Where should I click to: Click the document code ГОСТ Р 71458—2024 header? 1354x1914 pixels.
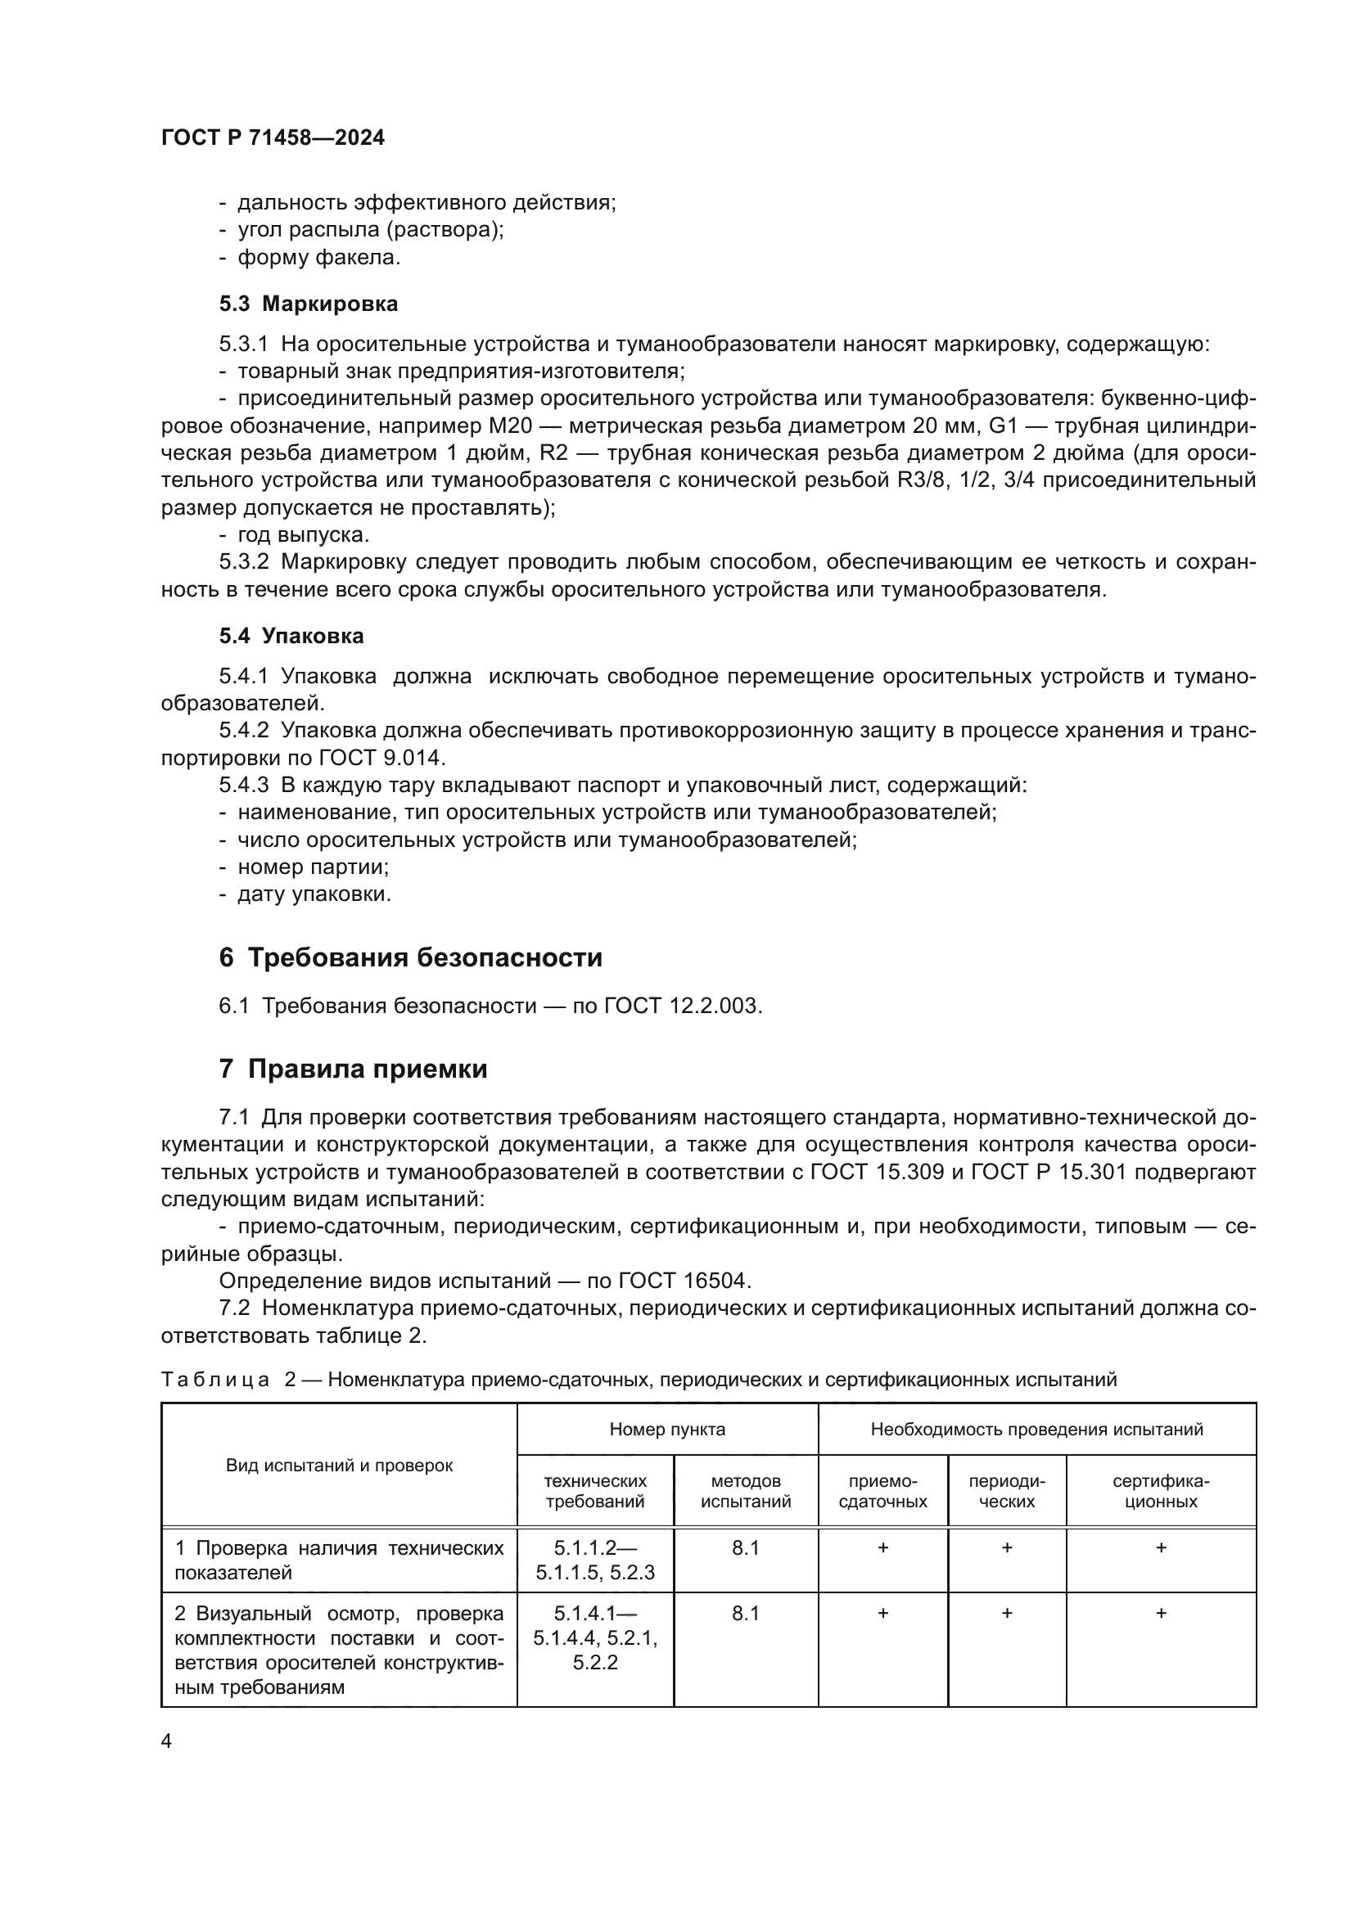pyautogui.click(x=273, y=138)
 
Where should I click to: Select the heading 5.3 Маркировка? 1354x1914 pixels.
pyautogui.click(x=309, y=304)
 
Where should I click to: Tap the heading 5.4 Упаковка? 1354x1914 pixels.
pyautogui.click(x=291, y=636)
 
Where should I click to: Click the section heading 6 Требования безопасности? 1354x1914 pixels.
pyautogui.click(x=410, y=957)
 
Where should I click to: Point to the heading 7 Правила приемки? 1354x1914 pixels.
pyautogui.click(x=353, y=1069)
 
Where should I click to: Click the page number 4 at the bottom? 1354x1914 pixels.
pyautogui.click(x=166, y=1741)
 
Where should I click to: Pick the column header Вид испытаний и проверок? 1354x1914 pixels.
pyautogui.click(x=340, y=1466)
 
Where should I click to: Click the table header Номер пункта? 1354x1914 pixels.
pyautogui.click(x=667, y=1430)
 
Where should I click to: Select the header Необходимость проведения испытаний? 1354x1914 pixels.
pyautogui.click(x=1036, y=1430)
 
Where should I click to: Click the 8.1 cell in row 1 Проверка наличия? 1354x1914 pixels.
pyautogui.click(x=746, y=1548)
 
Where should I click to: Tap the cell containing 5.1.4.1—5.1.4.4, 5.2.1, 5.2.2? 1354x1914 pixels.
pyautogui.click(x=595, y=1638)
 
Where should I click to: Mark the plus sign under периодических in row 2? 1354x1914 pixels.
pyautogui.click(x=1006, y=1613)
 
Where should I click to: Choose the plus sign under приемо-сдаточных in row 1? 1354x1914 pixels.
pyautogui.click(x=883, y=1548)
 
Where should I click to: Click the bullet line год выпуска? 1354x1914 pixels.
pyautogui.click(x=303, y=535)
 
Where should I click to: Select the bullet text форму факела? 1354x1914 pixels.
pyautogui.click(x=318, y=259)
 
